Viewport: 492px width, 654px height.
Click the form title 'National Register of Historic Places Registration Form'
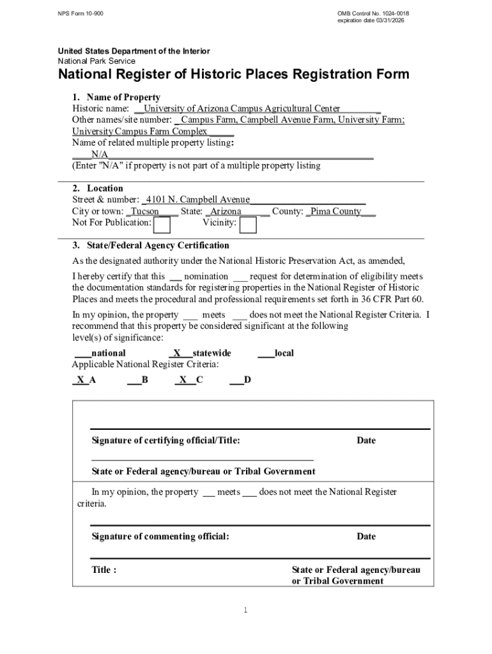tap(234, 75)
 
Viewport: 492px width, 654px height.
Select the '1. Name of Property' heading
tap(116, 98)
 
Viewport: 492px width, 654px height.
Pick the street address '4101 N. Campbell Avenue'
tap(198, 200)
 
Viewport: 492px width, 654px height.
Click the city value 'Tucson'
tap(145, 211)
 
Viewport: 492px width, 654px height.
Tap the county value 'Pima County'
tap(336, 211)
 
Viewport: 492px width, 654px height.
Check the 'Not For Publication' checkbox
tap(162, 225)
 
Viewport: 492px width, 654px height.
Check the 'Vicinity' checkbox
tap(248, 225)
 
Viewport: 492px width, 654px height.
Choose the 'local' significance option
tap(284, 353)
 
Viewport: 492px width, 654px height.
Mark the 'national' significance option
tap(108, 353)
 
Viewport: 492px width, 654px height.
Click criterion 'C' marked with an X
tap(199, 381)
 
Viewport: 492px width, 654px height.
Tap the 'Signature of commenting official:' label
tap(160, 536)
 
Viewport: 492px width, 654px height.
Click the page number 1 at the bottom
tap(245, 611)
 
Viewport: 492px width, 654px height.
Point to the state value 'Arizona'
tap(226, 211)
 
